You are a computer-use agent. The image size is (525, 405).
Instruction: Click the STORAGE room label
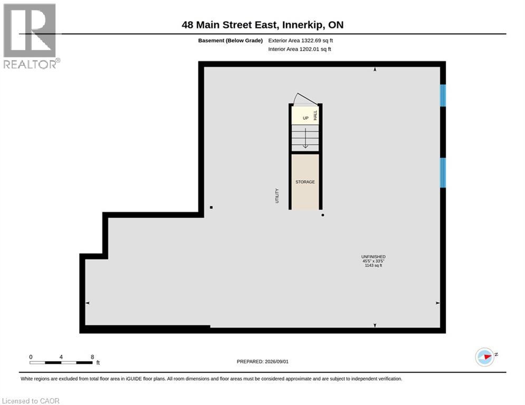[305, 182]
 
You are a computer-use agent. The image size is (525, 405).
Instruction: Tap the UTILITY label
[277, 196]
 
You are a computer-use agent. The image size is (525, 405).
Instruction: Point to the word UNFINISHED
[374, 257]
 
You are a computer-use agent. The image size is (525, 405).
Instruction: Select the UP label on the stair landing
[306, 118]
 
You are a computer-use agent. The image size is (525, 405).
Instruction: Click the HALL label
[315, 115]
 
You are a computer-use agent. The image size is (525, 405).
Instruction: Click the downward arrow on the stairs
[306, 138]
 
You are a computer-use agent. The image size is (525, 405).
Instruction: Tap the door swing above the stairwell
[305, 99]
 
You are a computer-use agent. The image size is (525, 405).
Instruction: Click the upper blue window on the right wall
[443, 95]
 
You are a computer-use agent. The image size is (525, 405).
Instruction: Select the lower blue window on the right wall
[443, 173]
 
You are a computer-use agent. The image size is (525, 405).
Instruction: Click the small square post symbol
[211, 208]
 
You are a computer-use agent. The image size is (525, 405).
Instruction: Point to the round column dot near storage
[323, 215]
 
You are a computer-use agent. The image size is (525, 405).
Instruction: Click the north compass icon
[485, 357]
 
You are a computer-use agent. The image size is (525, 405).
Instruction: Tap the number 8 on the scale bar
[92, 357]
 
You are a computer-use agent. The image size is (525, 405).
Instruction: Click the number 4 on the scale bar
[61, 357]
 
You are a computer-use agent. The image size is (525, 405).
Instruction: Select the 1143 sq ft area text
[374, 265]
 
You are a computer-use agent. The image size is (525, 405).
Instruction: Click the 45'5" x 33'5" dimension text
[374, 261]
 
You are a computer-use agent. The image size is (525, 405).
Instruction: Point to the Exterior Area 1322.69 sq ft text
[300, 41]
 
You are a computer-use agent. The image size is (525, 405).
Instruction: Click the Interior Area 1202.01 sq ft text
[300, 49]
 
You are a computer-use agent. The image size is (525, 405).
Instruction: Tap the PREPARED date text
[263, 361]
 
